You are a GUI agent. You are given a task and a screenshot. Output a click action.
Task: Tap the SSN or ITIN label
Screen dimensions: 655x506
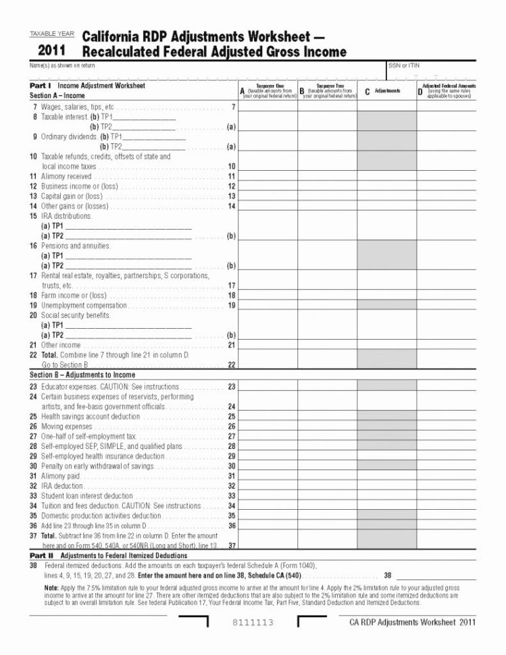coord(404,65)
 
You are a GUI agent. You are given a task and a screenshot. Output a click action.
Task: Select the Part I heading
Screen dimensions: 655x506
coord(41,86)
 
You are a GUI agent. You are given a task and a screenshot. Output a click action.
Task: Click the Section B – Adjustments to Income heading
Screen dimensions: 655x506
coord(82,375)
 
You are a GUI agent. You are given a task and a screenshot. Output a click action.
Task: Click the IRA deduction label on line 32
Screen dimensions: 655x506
coord(61,486)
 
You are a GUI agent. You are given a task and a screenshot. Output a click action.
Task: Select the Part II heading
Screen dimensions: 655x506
coord(41,554)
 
